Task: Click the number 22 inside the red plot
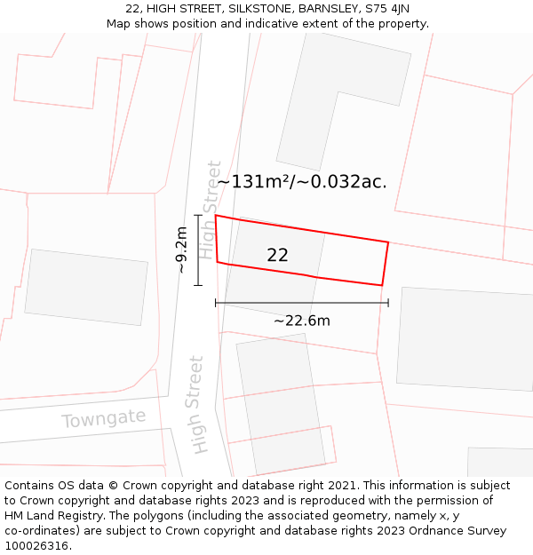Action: (x=277, y=255)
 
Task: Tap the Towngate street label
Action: (x=104, y=418)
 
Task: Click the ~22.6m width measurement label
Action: (x=301, y=321)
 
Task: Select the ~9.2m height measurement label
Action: (x=181, y=250)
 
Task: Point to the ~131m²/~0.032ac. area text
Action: (x=302, y=182)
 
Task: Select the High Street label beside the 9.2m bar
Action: (x=209, y=210)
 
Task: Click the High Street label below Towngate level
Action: (x=197, y=404)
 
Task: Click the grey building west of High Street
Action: (x=86, y=287)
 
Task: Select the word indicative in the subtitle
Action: (x=269, y=24)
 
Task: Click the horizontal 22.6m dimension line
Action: (x=302, y=303)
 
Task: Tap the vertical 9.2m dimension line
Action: (x=198, y=250)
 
